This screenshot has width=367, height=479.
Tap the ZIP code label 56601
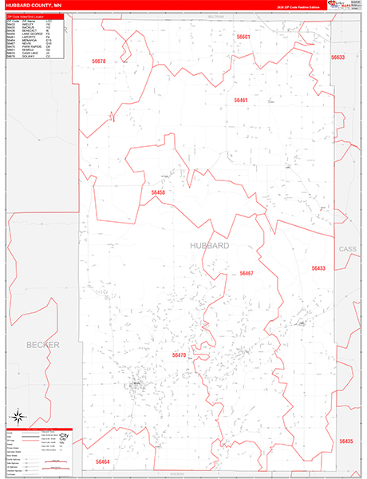point(243,37)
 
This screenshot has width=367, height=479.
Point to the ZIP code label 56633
point(337,57)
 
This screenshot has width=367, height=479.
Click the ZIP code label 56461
point(241,101)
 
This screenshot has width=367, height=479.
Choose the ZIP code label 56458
point(157,192)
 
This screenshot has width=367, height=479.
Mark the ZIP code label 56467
point(247,273)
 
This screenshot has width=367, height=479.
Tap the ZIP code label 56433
point(319,268)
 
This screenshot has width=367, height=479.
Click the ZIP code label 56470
point(179,354)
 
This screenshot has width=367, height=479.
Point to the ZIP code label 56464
point(103,461)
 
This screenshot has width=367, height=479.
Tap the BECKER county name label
point(43,344)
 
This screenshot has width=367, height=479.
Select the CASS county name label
point(349,249)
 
